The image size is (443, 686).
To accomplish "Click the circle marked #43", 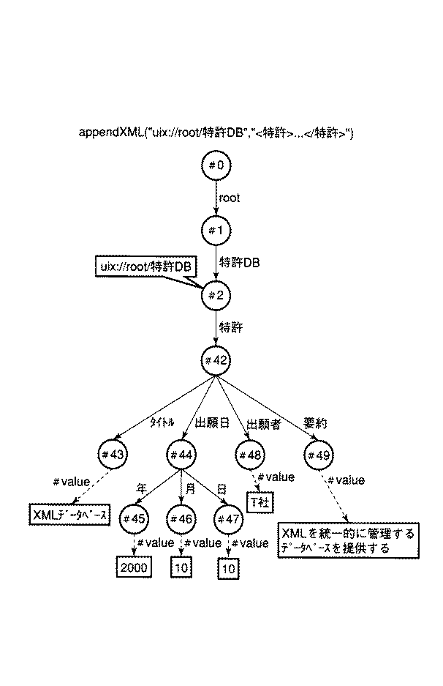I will tap(116, 455).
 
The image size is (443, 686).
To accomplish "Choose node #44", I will tap(181, 455).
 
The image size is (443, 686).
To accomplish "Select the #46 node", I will tap(181, 518).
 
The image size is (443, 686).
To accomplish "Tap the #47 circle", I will tap(230, 518).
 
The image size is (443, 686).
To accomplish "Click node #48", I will tap(252, 455).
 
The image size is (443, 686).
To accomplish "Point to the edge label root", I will tap(230, 198).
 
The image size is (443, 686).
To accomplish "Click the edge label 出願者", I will tap(262, 424).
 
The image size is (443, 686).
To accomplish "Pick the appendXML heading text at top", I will tap(216, 133).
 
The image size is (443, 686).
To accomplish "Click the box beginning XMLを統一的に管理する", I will tap(347, 540).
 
